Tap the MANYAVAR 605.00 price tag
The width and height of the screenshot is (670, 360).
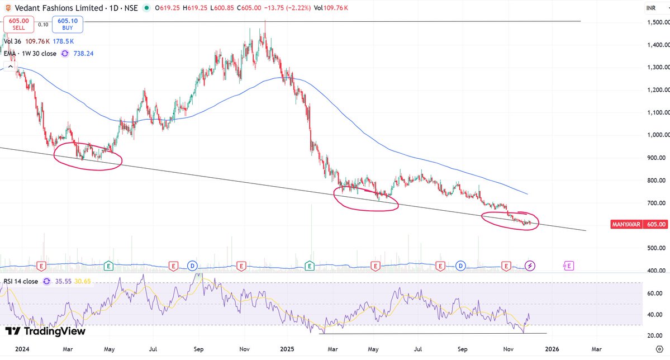coord(640,224)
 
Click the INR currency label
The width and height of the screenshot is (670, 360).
coord(650,8)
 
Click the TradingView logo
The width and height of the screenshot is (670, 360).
coord(46,331)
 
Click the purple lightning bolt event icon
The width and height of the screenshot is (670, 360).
coord(530,266)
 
